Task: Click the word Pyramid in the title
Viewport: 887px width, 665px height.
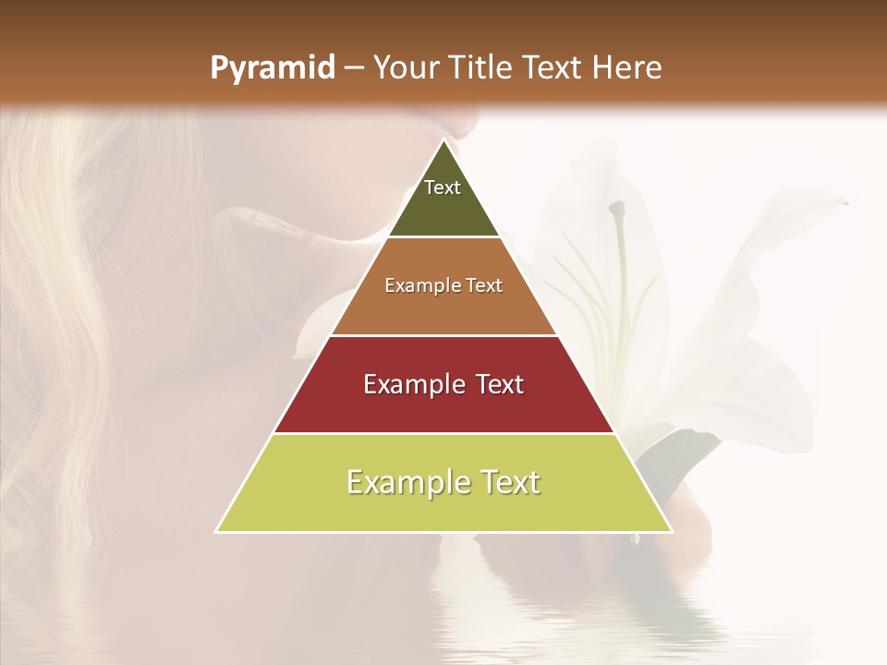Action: [x=272, y=68]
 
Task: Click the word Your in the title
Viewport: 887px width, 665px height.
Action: [x=407, y=67]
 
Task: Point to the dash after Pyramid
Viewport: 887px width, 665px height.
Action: [x=353, y=68]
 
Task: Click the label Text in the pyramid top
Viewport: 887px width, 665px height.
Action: [x=443, y=187]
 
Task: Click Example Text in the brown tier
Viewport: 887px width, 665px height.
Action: [x=443, y=285]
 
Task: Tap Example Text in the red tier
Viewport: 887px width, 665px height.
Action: [x=443, y=384]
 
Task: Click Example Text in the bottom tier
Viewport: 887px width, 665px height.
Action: [x=443, y=482]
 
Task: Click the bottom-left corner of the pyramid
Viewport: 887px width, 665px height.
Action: [x=217, y=531]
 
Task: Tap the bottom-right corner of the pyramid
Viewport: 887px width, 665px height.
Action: [x=671, y=531]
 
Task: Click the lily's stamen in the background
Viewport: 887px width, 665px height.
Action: [x=617, y=209]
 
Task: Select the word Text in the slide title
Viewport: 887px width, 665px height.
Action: [x=554, y=67]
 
